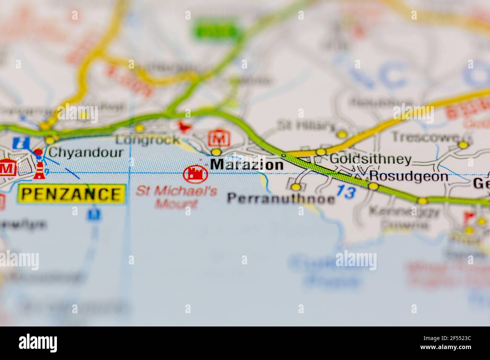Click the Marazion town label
(247, 165)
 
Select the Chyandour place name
(86, 152)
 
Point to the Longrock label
(148, 140)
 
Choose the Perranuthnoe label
(281, 198)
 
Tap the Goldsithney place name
(370, 159)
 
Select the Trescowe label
(425, 137)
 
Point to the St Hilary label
(306, 125)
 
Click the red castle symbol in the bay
(196, 174)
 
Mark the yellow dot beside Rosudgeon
(373, 186)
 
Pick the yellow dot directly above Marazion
(216, 152)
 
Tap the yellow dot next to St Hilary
(342, 134)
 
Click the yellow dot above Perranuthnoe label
(296, 187)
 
